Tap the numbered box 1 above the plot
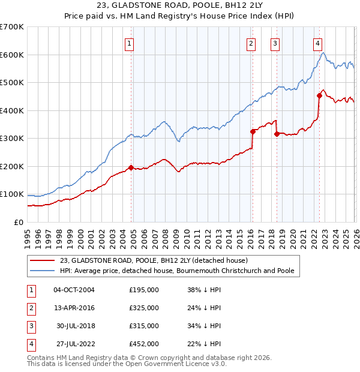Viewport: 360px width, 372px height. click(x=130, y=43)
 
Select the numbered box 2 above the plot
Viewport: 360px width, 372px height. click(x=250, y=43)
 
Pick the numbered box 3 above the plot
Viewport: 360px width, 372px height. click(x=275, y=43)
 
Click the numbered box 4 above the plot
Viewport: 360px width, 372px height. click(x=317, y=43)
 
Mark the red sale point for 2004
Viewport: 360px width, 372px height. click(x=131, y=167)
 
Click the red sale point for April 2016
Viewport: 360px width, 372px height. click(x=253, y=131)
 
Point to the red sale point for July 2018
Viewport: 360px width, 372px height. click(x=277, y=134)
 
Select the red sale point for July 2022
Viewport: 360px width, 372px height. click(x=319, y=96)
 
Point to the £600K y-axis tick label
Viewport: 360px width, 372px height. click(x=12, y=55)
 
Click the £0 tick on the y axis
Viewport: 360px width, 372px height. click(x=18, y=222)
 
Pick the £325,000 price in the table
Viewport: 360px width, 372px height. click(x=144, y=308)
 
